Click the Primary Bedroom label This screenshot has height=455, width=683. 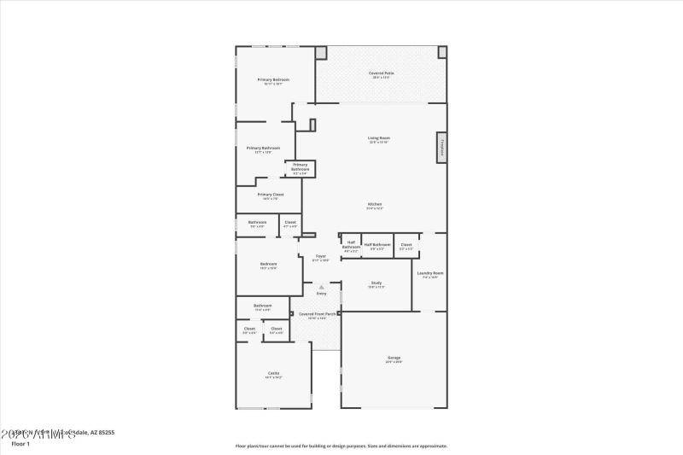(x=273, y=79)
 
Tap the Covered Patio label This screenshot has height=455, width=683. (x=382, y=73)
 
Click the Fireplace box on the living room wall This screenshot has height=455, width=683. (x=441, y=148)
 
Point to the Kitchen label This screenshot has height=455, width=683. (x=375, y=204)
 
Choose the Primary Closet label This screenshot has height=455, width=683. (x=271, y=195)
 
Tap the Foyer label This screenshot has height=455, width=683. (x=321, y=256)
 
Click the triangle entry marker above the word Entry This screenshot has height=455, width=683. (x=321, y=287)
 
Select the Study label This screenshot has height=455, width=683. (x=377, y=283)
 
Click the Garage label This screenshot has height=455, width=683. (x=394, y=358)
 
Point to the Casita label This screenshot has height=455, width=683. (x=273, y=373)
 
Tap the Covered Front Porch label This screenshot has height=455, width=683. (x=318, y=313)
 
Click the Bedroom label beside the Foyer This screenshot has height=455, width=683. (x=268, y=265)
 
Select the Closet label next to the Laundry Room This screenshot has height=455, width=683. (x=406, y=245)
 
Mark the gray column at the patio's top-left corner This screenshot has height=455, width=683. (x=321, y=52)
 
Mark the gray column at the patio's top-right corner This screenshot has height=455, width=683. (x=442, y=52)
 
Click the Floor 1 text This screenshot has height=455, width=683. (x=20, y=444)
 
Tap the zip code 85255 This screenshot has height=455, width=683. (x=105, y=433)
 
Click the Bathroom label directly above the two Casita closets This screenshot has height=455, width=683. (x=263, y=306)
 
